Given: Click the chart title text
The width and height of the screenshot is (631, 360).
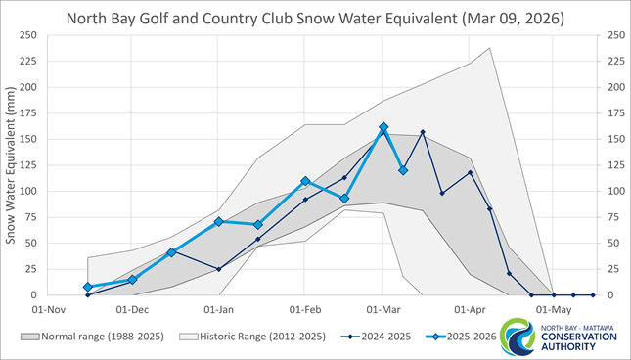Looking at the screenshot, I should coord(315,18).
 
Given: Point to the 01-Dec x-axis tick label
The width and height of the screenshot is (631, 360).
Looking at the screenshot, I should coord(133,308).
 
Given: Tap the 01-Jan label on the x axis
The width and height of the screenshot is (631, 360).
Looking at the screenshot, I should coord(219,308).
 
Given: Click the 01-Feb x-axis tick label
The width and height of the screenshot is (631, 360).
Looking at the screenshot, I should coord(305,308).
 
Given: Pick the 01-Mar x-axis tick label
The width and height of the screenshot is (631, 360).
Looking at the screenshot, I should coord(383,308).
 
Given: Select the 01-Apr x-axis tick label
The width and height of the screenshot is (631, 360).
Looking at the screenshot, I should coord(470,308).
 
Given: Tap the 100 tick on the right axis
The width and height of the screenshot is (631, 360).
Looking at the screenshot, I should coord(615,191).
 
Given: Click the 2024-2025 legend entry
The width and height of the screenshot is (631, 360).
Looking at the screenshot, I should coord(377,337).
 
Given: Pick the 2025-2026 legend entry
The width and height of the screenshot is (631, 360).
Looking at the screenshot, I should coord(462,337).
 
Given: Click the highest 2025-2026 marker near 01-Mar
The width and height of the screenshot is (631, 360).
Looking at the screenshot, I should coord(383,127).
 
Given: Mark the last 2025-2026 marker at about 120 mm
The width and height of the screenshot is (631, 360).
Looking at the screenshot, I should coord(403,170).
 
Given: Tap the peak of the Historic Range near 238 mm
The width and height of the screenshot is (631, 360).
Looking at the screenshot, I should coord(489,47).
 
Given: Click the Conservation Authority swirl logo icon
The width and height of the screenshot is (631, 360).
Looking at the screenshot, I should coord(516,338).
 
